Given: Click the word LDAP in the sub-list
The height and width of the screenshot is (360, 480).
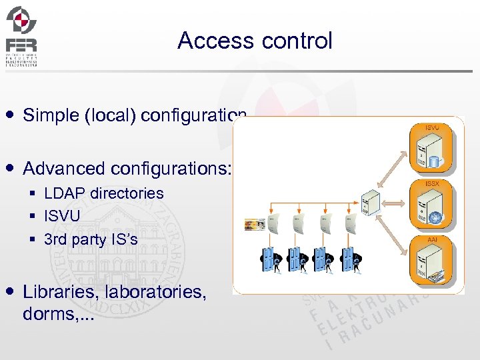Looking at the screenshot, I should click(65, 193).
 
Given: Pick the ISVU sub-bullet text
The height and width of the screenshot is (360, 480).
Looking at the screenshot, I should click(62, 216).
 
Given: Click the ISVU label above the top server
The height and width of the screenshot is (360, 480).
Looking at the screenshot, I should click(432, 127).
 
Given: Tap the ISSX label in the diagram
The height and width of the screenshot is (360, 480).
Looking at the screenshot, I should click(432, 183).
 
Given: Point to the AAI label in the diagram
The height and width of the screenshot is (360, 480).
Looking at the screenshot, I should click(432, 238).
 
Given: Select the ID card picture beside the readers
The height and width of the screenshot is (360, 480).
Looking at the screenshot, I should click(255, 225).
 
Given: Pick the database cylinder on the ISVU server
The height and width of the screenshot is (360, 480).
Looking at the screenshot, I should click(435, 161).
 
